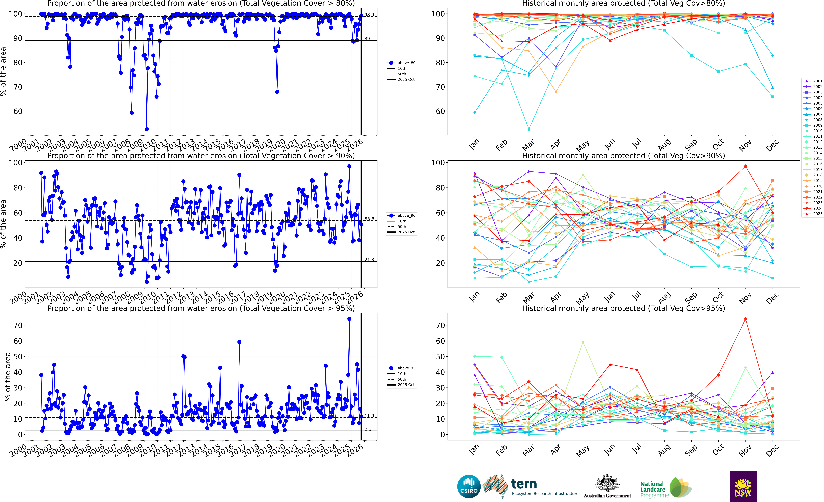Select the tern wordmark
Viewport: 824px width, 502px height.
[524, 484]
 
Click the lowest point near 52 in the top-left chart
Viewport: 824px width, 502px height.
[146, 129]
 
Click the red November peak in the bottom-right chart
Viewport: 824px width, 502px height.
[745, 319]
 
